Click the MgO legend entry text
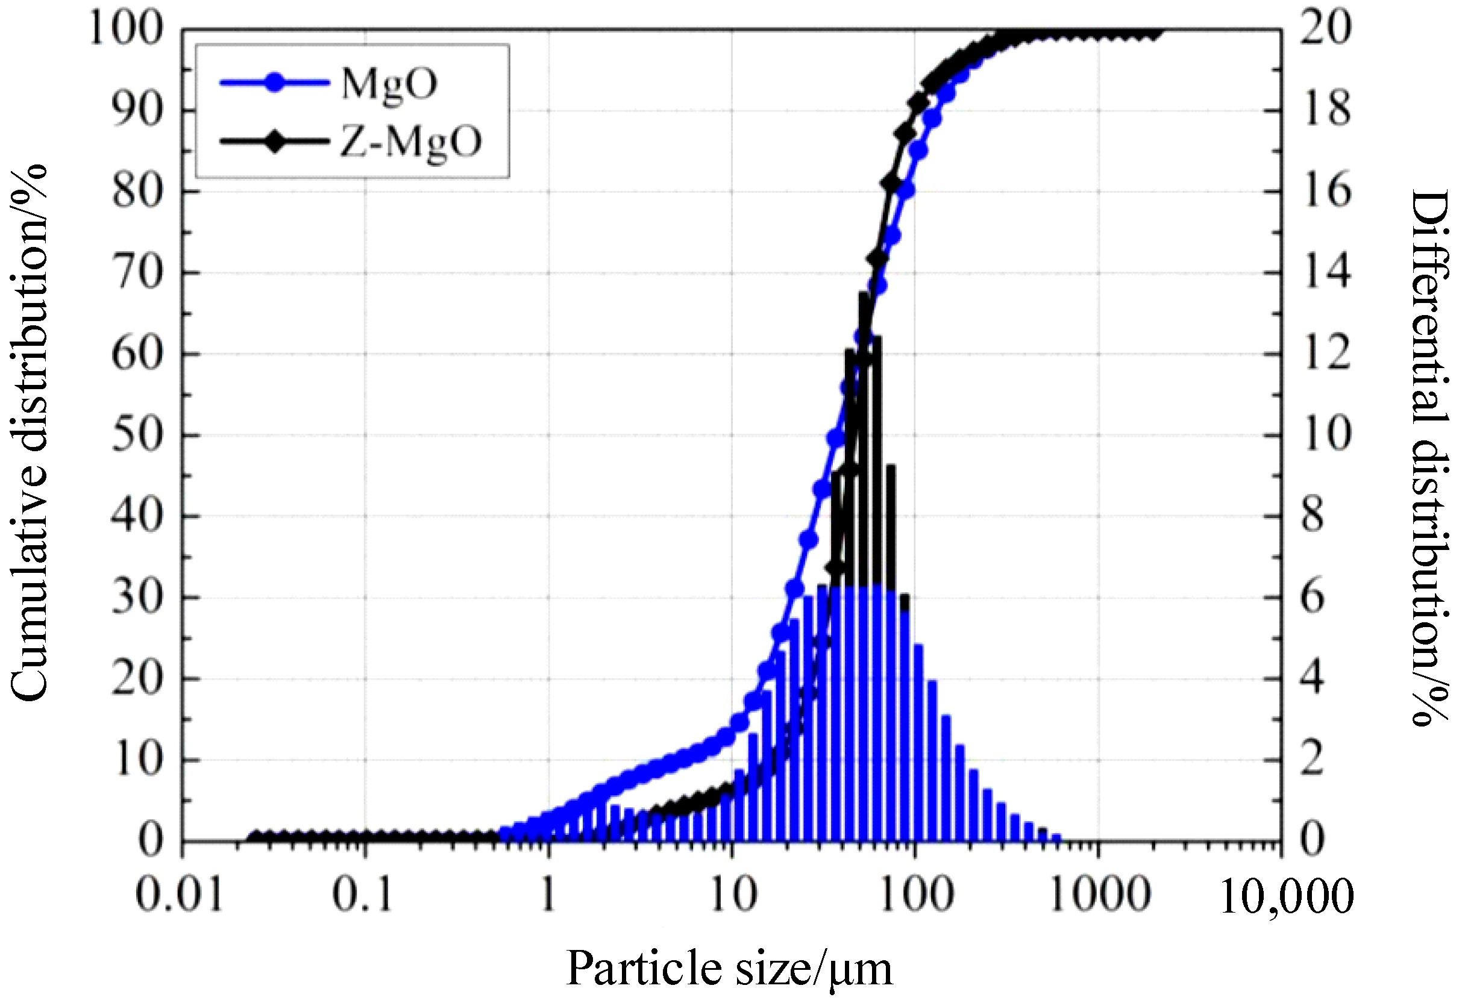point(388,84)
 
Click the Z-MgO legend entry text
point(411,141)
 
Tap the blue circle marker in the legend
point(274,83)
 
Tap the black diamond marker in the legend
point(274,141)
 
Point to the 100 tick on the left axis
point(126,29)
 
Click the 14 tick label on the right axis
point(1326,273)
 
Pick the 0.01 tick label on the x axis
point(180,895)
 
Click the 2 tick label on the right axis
point(1313,761)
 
